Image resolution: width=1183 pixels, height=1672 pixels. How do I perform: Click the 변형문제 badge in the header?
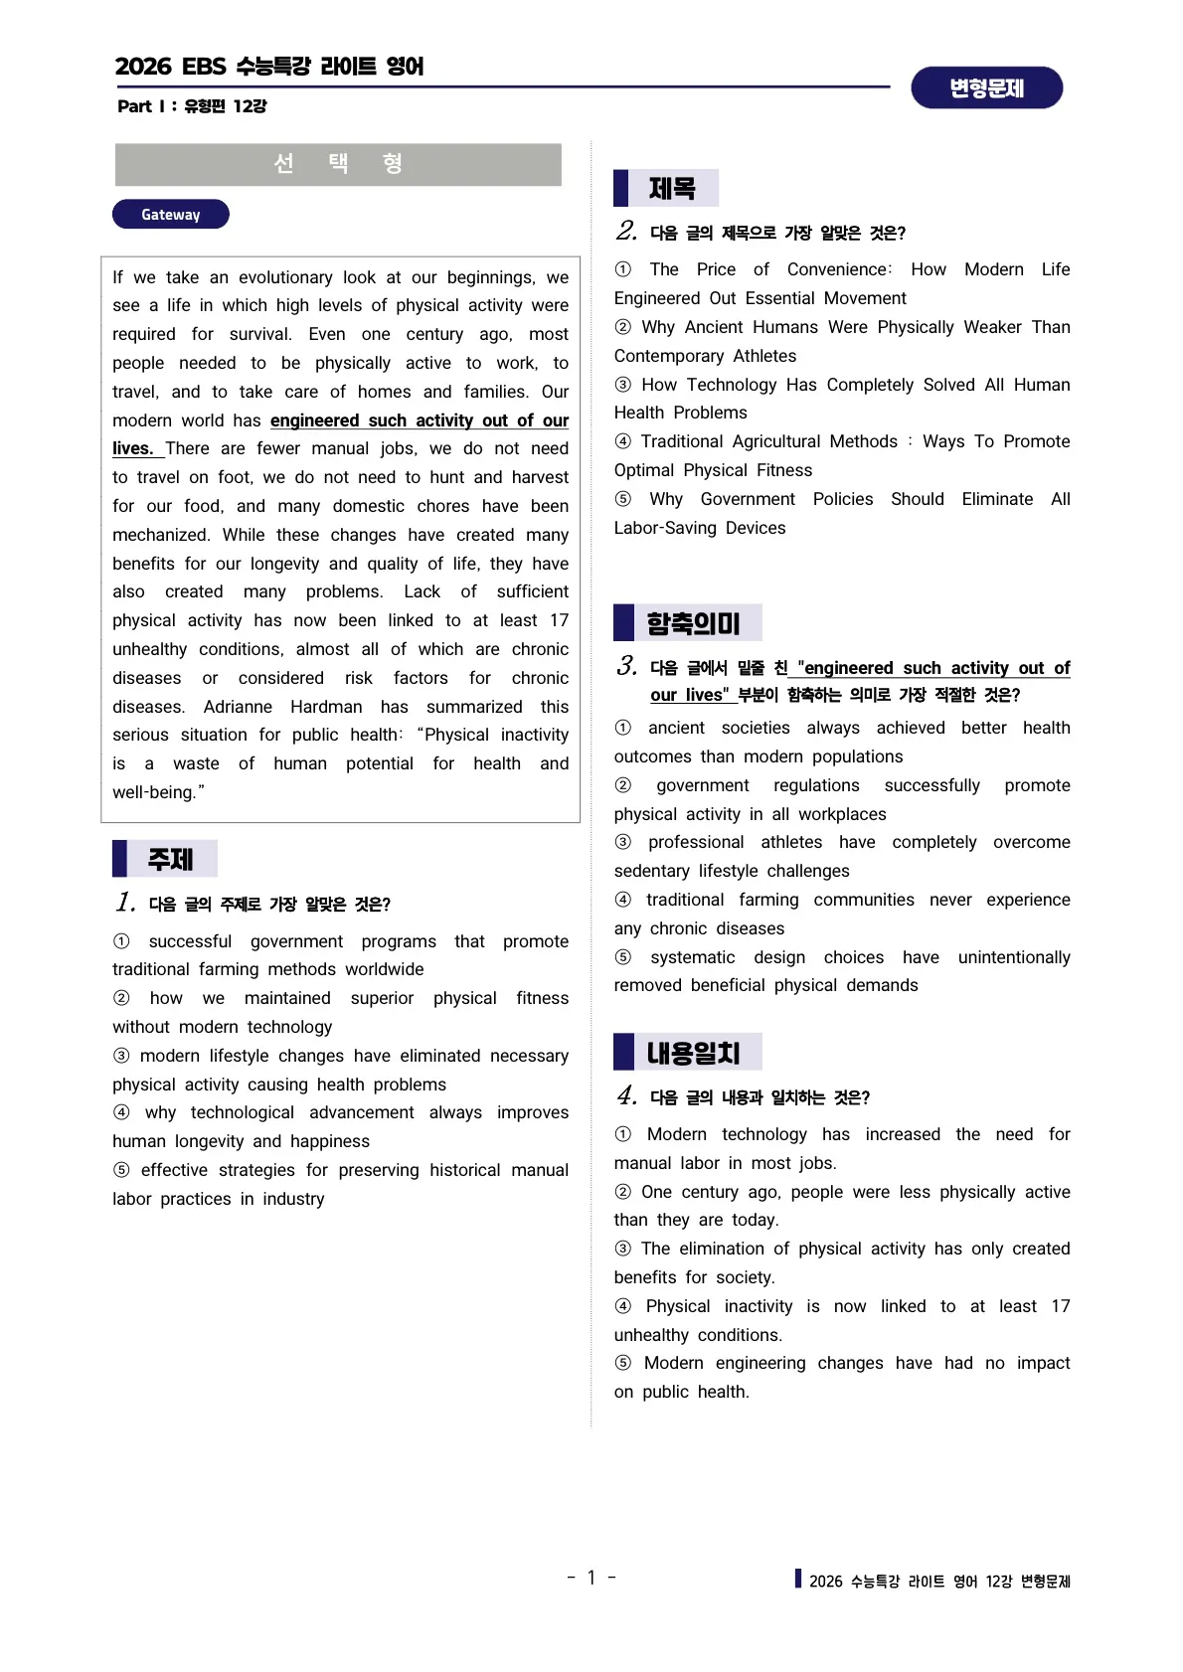pos(986,88)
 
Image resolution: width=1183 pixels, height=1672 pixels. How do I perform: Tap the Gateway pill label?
pos(170,215)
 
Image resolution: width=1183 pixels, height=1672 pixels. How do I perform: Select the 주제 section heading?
pos(170,859)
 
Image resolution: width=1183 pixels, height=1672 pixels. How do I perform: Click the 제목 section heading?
pos(672,188)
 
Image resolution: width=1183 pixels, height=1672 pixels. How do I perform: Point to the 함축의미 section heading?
pos(693,623)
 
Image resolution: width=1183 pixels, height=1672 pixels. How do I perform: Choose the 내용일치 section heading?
pos(693,1053)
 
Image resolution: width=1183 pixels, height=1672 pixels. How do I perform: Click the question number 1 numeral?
pos(124,903)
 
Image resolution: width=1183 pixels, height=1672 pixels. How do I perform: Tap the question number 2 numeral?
pos(625,232)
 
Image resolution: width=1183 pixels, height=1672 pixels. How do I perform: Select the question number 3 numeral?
pos(625,666)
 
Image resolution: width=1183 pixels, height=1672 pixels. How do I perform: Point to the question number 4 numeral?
pos(625,1096)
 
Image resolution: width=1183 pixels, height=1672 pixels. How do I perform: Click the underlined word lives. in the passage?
pos(132,448)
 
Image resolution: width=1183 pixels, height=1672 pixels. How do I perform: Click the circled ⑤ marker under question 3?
pos(623,957)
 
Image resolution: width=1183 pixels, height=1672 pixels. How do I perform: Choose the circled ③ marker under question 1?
pos(121,1056)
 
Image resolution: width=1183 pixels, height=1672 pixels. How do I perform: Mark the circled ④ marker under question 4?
pos(623,1306)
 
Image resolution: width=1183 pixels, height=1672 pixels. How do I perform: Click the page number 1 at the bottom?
pos(591,1578)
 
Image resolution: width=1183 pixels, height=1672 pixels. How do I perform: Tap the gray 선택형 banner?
pos(338,164)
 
